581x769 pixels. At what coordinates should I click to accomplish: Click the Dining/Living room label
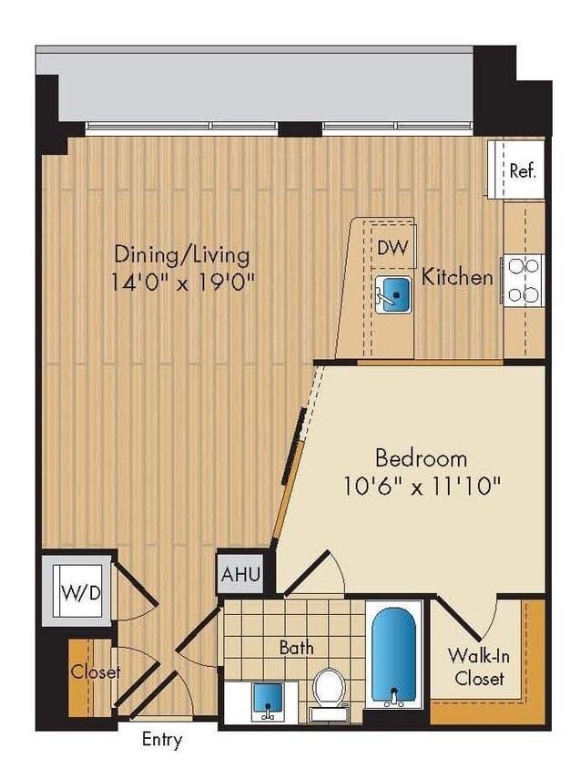point(182,254)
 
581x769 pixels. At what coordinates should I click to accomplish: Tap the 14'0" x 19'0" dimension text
point(182,282)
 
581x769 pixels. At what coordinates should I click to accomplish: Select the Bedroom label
point(422,457)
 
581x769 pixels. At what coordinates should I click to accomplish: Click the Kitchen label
point(457,277)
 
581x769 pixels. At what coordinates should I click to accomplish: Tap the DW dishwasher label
point(392,248)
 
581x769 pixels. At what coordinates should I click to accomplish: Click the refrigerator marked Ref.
point(521,170)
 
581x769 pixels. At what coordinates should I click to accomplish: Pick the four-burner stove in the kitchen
point(525,280)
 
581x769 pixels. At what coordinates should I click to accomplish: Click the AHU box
point(241,576)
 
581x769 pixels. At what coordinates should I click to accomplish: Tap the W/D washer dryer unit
point(81,592)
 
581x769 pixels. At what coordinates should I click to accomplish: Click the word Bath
point(297,648)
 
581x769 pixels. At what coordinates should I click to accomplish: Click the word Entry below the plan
point(161,740)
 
